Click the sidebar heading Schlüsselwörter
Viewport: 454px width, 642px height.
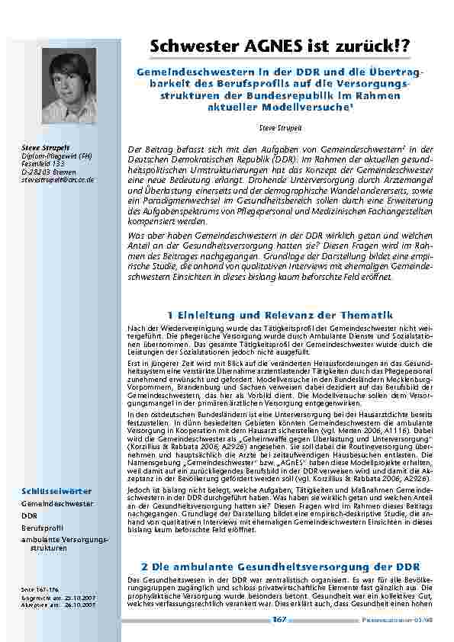pos(47,492)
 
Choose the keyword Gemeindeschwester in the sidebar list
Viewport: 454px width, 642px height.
pos(56,504)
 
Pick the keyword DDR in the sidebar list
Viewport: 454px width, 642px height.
pos(29,515)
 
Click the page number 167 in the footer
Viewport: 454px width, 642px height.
pos(279,620)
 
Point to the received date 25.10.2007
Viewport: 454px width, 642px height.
pos(79,598)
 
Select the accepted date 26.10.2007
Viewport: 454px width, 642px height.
pos(79,605)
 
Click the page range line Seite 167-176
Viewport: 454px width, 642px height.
pos(38,590)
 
